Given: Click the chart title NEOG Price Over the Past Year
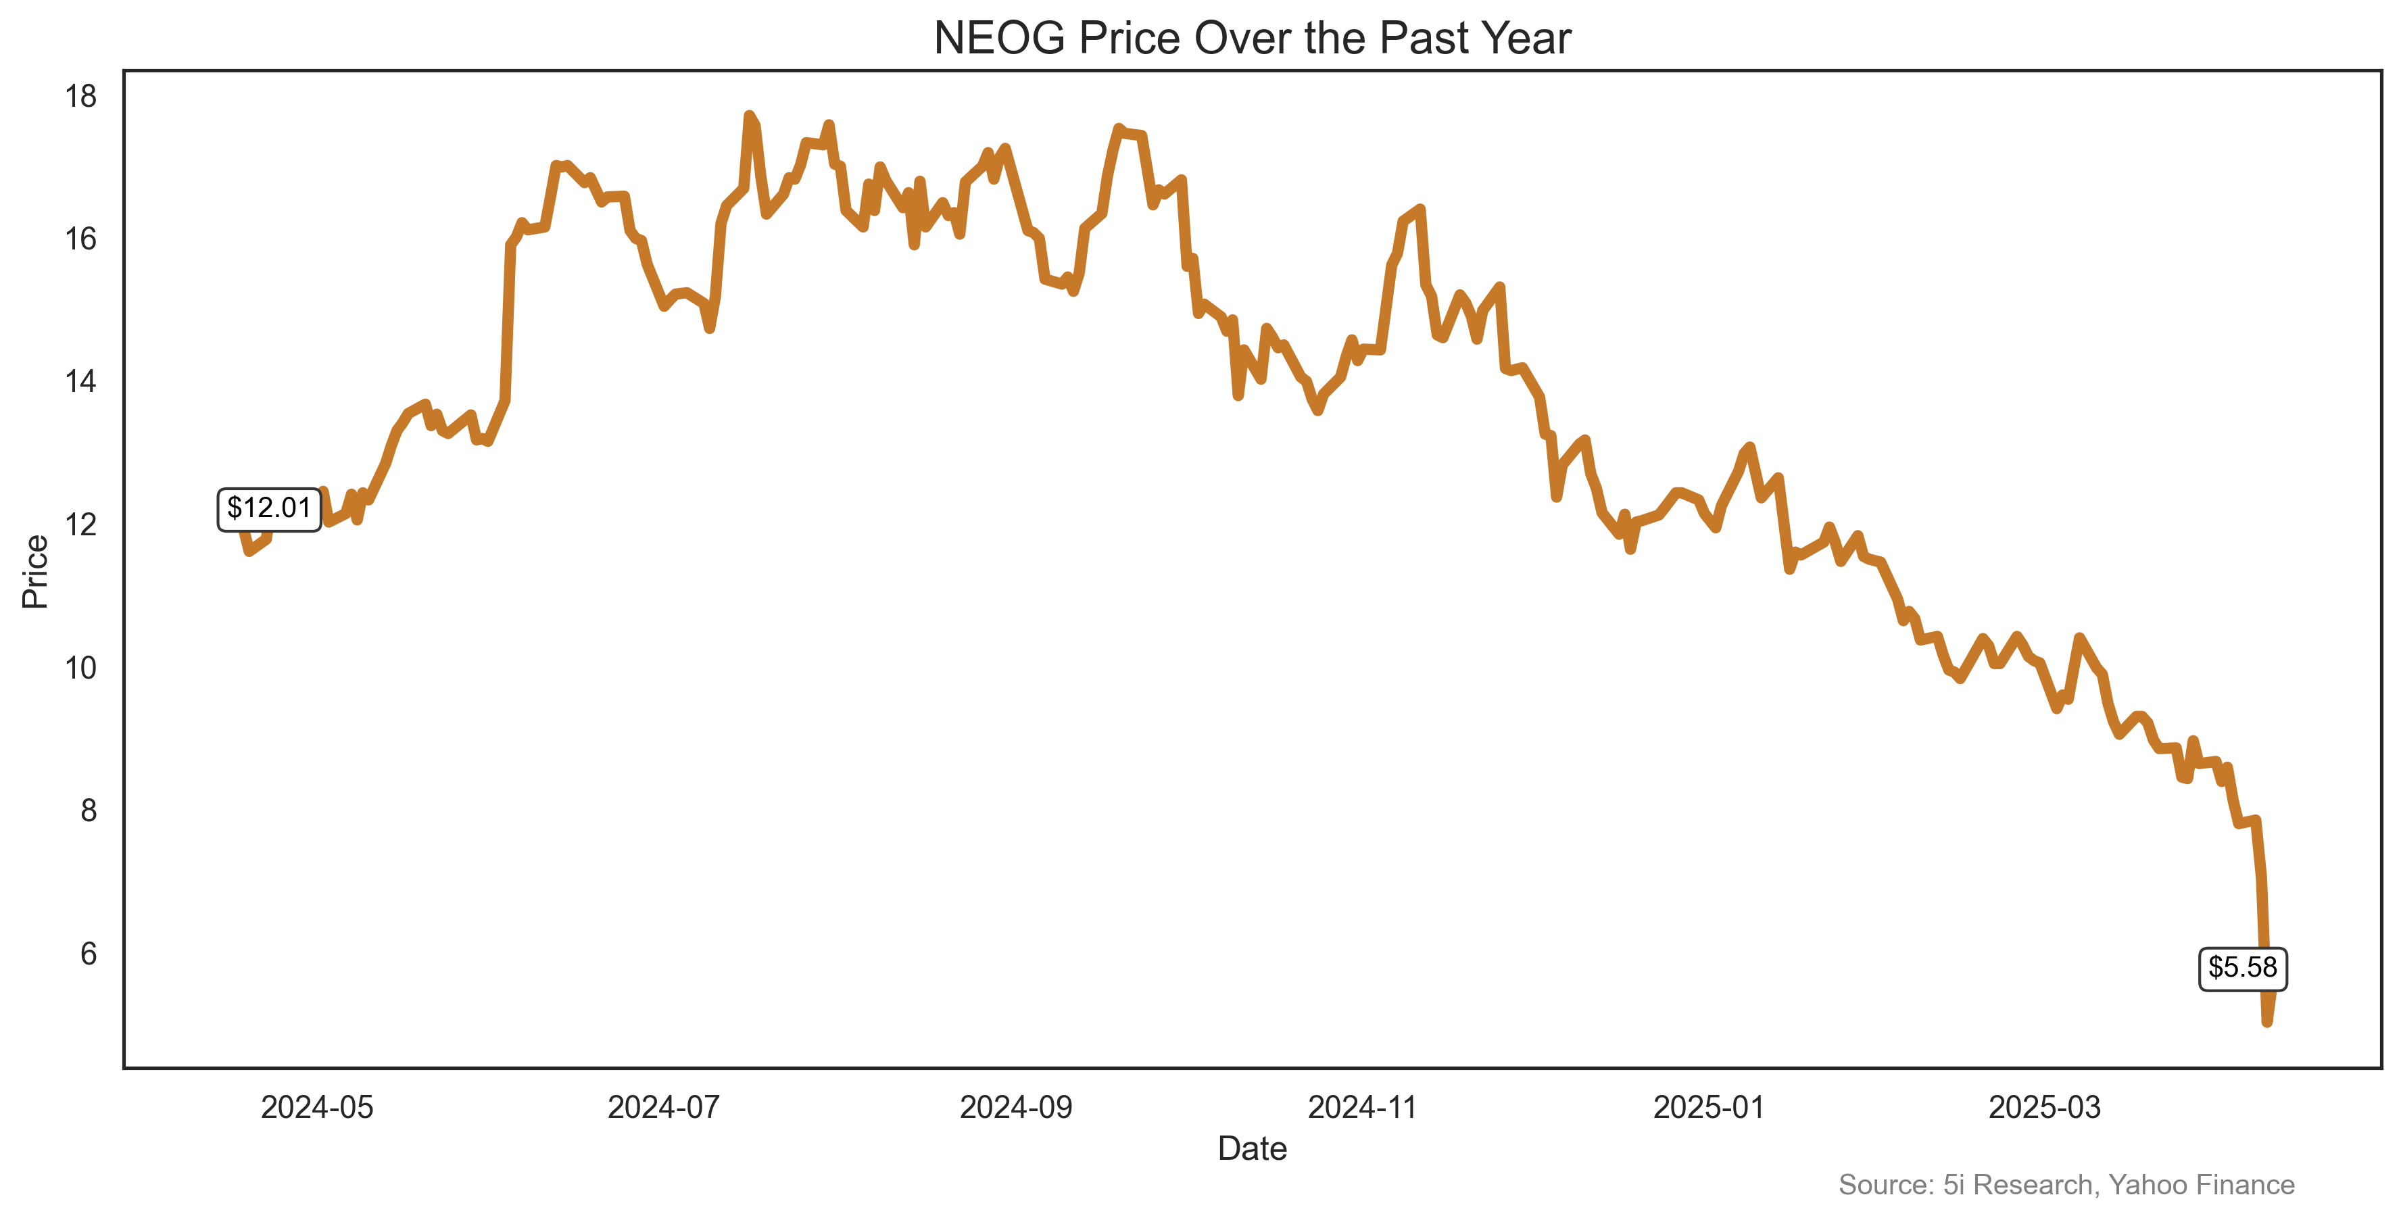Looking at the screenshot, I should [x=1252, y=39].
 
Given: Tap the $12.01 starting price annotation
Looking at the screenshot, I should [x=268, y=509].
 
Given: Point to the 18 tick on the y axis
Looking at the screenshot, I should [x=81, y=96].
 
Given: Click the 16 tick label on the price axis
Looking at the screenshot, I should [x=81, y=239].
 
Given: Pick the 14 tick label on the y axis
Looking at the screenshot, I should [x=81, y=382].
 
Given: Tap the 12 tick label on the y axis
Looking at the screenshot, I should [x=81, y=524].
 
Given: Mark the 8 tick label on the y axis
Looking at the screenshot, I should [x=88, y=811].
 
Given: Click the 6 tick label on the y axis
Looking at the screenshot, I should [x=88, y=954].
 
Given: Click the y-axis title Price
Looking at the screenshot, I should [x=35, y=571].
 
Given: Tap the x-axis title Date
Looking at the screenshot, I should [x=1252, y=1149].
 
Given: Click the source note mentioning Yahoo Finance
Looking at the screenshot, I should [x=2066, y=1185].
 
